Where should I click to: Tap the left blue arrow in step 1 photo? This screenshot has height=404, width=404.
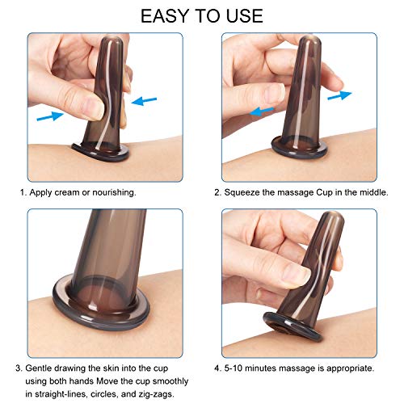pos(49,116)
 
